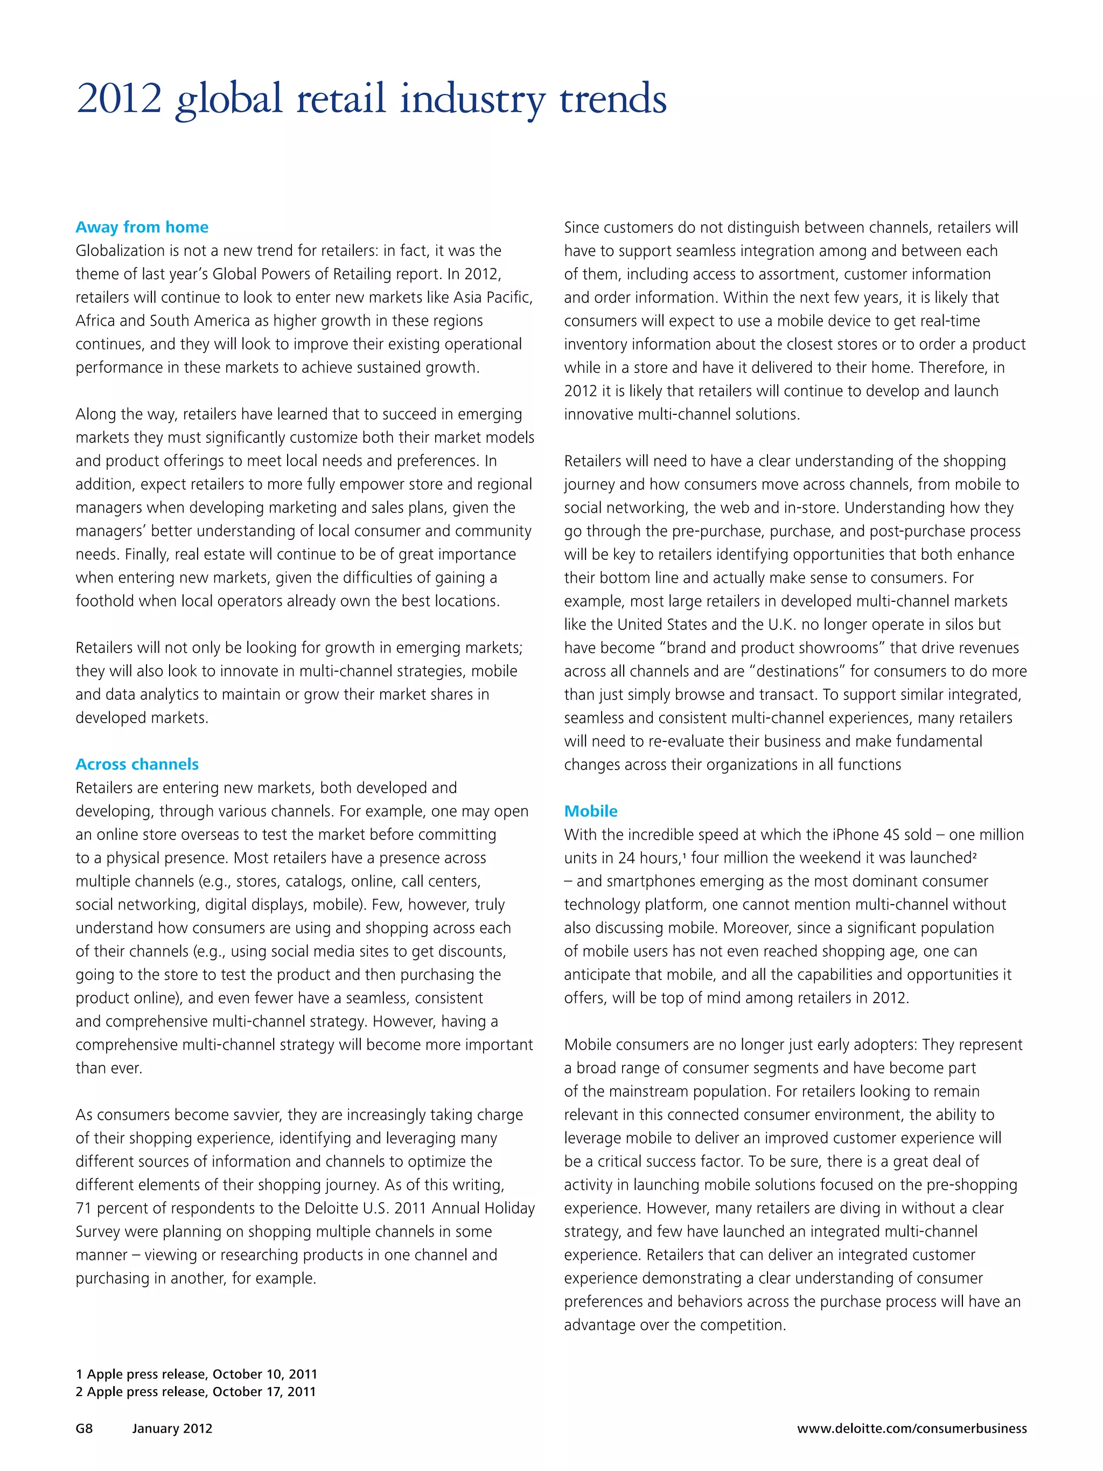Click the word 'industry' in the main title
coord(472,100)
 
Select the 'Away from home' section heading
coord(142,227)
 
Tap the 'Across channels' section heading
coord(137,764)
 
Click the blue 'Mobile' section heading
coord(590,811)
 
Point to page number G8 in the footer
coord(84,1428)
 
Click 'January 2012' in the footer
coord(172,1428)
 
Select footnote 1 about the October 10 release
coord(196,1374)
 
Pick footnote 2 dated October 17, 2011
coord(196,1391)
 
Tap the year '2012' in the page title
coord(119,100)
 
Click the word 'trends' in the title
coord(612,100)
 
